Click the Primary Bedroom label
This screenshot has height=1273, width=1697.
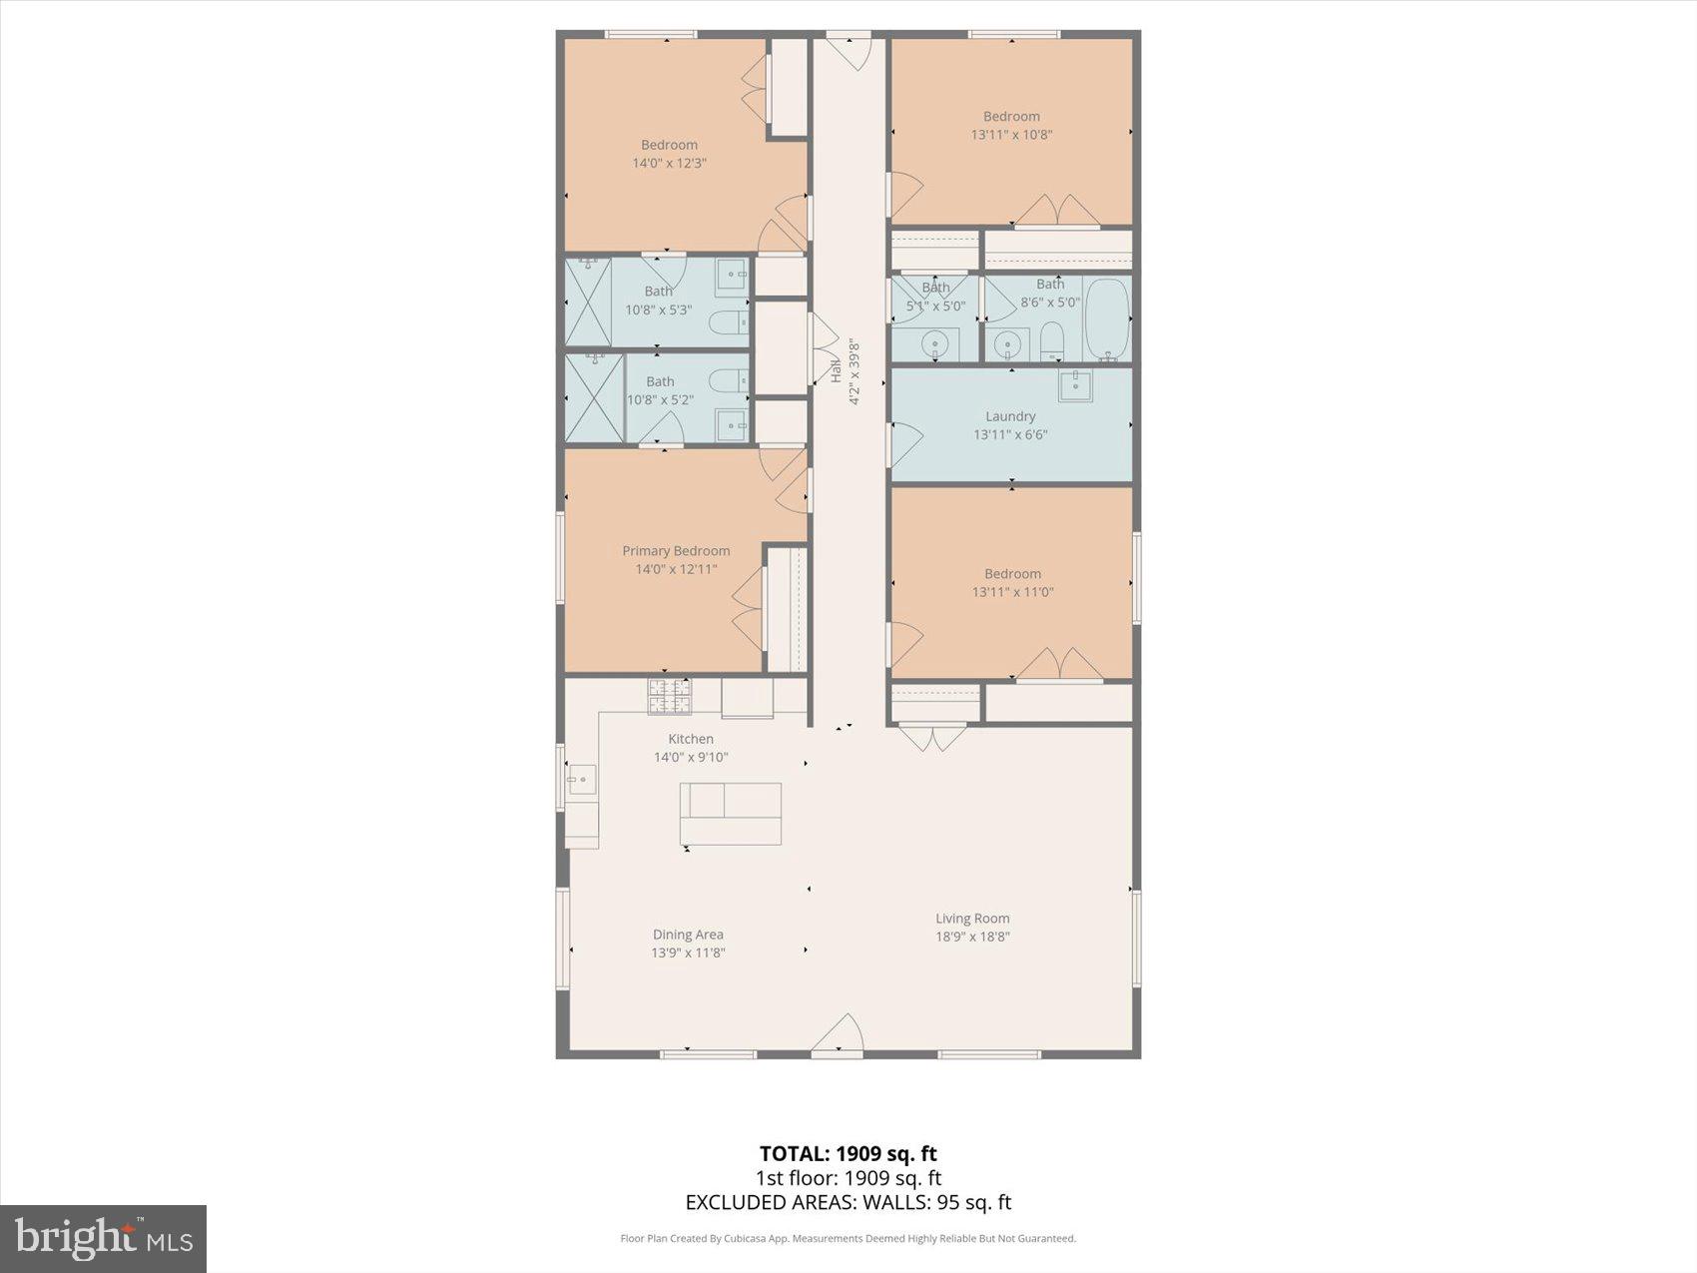pyautogui.click(x=676, y=551)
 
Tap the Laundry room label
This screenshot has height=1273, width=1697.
pyautogui.click(x=1010, y=416)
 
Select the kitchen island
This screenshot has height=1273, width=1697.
pyautogui.click(x=731, y=814)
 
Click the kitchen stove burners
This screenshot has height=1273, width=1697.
pyautogui.click(x=669, y=696)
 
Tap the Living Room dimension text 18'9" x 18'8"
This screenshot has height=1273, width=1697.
pyautogui.click(x=972, y=937)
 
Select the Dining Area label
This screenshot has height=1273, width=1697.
pyautogui.click(x=688, y=935)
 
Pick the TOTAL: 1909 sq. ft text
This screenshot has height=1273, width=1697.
pyautogui.click(x=848, y=1154)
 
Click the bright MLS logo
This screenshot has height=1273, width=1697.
pyautogui.click(x=104, y=1238)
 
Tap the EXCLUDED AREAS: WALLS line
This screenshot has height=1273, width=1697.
pyautogui.click(x=848, y=1202)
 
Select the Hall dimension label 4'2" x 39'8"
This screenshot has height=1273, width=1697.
pyautogui.click(x=853, y=372)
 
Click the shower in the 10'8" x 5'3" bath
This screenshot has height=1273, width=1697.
pyautogui.click(x=588, y=303)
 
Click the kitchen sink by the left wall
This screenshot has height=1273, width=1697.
pyautogui.click(x=582, y=779)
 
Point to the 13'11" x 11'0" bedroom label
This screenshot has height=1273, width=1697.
pyautogui.click(x=1012, y=583)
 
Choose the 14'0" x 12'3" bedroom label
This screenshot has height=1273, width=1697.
pyautogui.click(x=669, y=154)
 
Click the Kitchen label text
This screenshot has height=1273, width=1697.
pyautogui.click(x=691, y=739)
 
